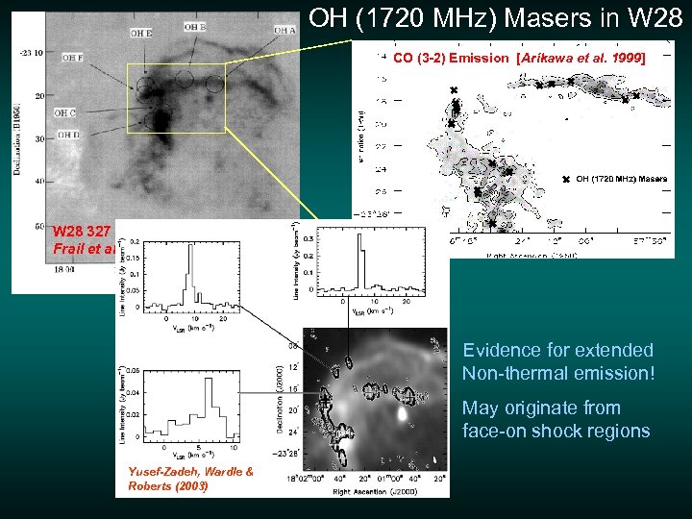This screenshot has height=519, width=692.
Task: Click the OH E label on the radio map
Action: pos(140,34)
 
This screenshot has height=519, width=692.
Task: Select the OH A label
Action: pos(285,31)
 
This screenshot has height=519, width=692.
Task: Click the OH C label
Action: pos(65,113)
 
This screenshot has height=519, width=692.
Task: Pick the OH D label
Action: pos(67,136)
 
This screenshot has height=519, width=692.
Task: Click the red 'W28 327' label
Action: pos(82,232)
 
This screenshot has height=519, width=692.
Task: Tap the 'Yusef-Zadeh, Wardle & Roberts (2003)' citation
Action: pos(190,478)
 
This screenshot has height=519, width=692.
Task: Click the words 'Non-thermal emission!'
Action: pos(557,372)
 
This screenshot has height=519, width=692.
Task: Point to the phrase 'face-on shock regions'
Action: pos(556,431)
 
